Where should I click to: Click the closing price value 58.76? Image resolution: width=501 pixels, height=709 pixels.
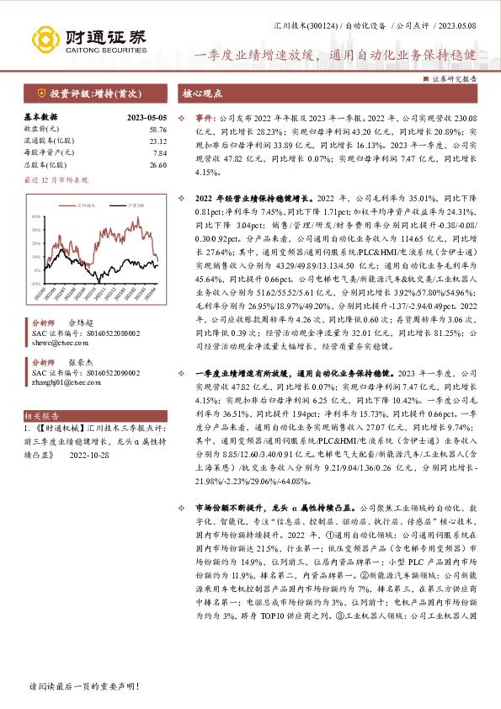[x=157, y=129]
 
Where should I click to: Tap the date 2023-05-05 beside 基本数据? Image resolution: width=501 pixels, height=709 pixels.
[x=147, y=117]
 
